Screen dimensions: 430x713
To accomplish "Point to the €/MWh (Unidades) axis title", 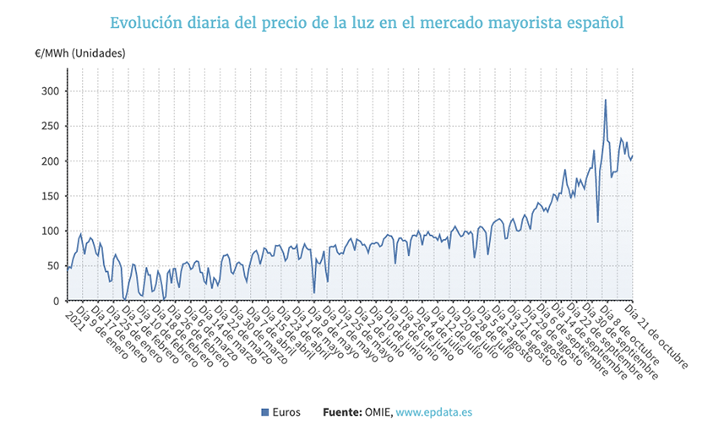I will click(x=80, y=52).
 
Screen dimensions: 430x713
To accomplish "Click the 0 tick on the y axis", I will click(x=57, y=301).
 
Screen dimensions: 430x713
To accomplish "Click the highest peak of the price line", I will click(x=605, y=100).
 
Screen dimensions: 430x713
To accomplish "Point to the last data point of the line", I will click(x=632, y=155).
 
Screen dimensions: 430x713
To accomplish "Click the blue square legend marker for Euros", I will click(x=266, y=412).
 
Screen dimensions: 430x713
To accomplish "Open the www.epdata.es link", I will click(x=433, y=412).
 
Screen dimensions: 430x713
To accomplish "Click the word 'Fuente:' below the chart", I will click(x=342, y=412).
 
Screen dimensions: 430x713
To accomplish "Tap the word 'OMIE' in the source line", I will click(x=378, y=412).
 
